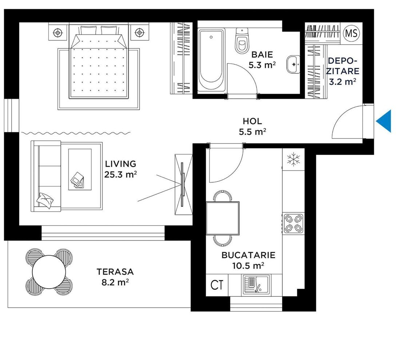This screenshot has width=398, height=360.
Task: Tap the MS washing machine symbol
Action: (x=351, y=33)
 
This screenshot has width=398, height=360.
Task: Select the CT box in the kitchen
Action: (x=217, y=285)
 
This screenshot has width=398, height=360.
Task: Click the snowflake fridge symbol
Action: (x=294, y=160)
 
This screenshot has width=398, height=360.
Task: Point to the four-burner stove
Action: (x=293, y=224)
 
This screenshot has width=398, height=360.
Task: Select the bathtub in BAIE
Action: (x=211, y=60)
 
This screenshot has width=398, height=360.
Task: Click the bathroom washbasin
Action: (x=294, y=64)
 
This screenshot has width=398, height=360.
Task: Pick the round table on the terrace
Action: (x=49, y=272)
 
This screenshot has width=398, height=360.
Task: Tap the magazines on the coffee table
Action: (x=77, y=180)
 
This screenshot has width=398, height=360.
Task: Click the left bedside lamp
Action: (x=58, y=32)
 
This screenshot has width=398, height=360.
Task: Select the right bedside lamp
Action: (x=139, y=32)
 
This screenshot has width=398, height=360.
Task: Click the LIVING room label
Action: (x=120, y=164)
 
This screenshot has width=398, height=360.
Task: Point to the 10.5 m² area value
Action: (x=248, y=265)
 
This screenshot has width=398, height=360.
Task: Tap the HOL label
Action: (x=252, y=121)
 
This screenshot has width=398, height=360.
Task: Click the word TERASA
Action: (x=115, y=272)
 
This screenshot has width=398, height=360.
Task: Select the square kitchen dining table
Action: (x=223, y=218)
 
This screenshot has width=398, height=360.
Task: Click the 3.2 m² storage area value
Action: (x=342, y=82)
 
